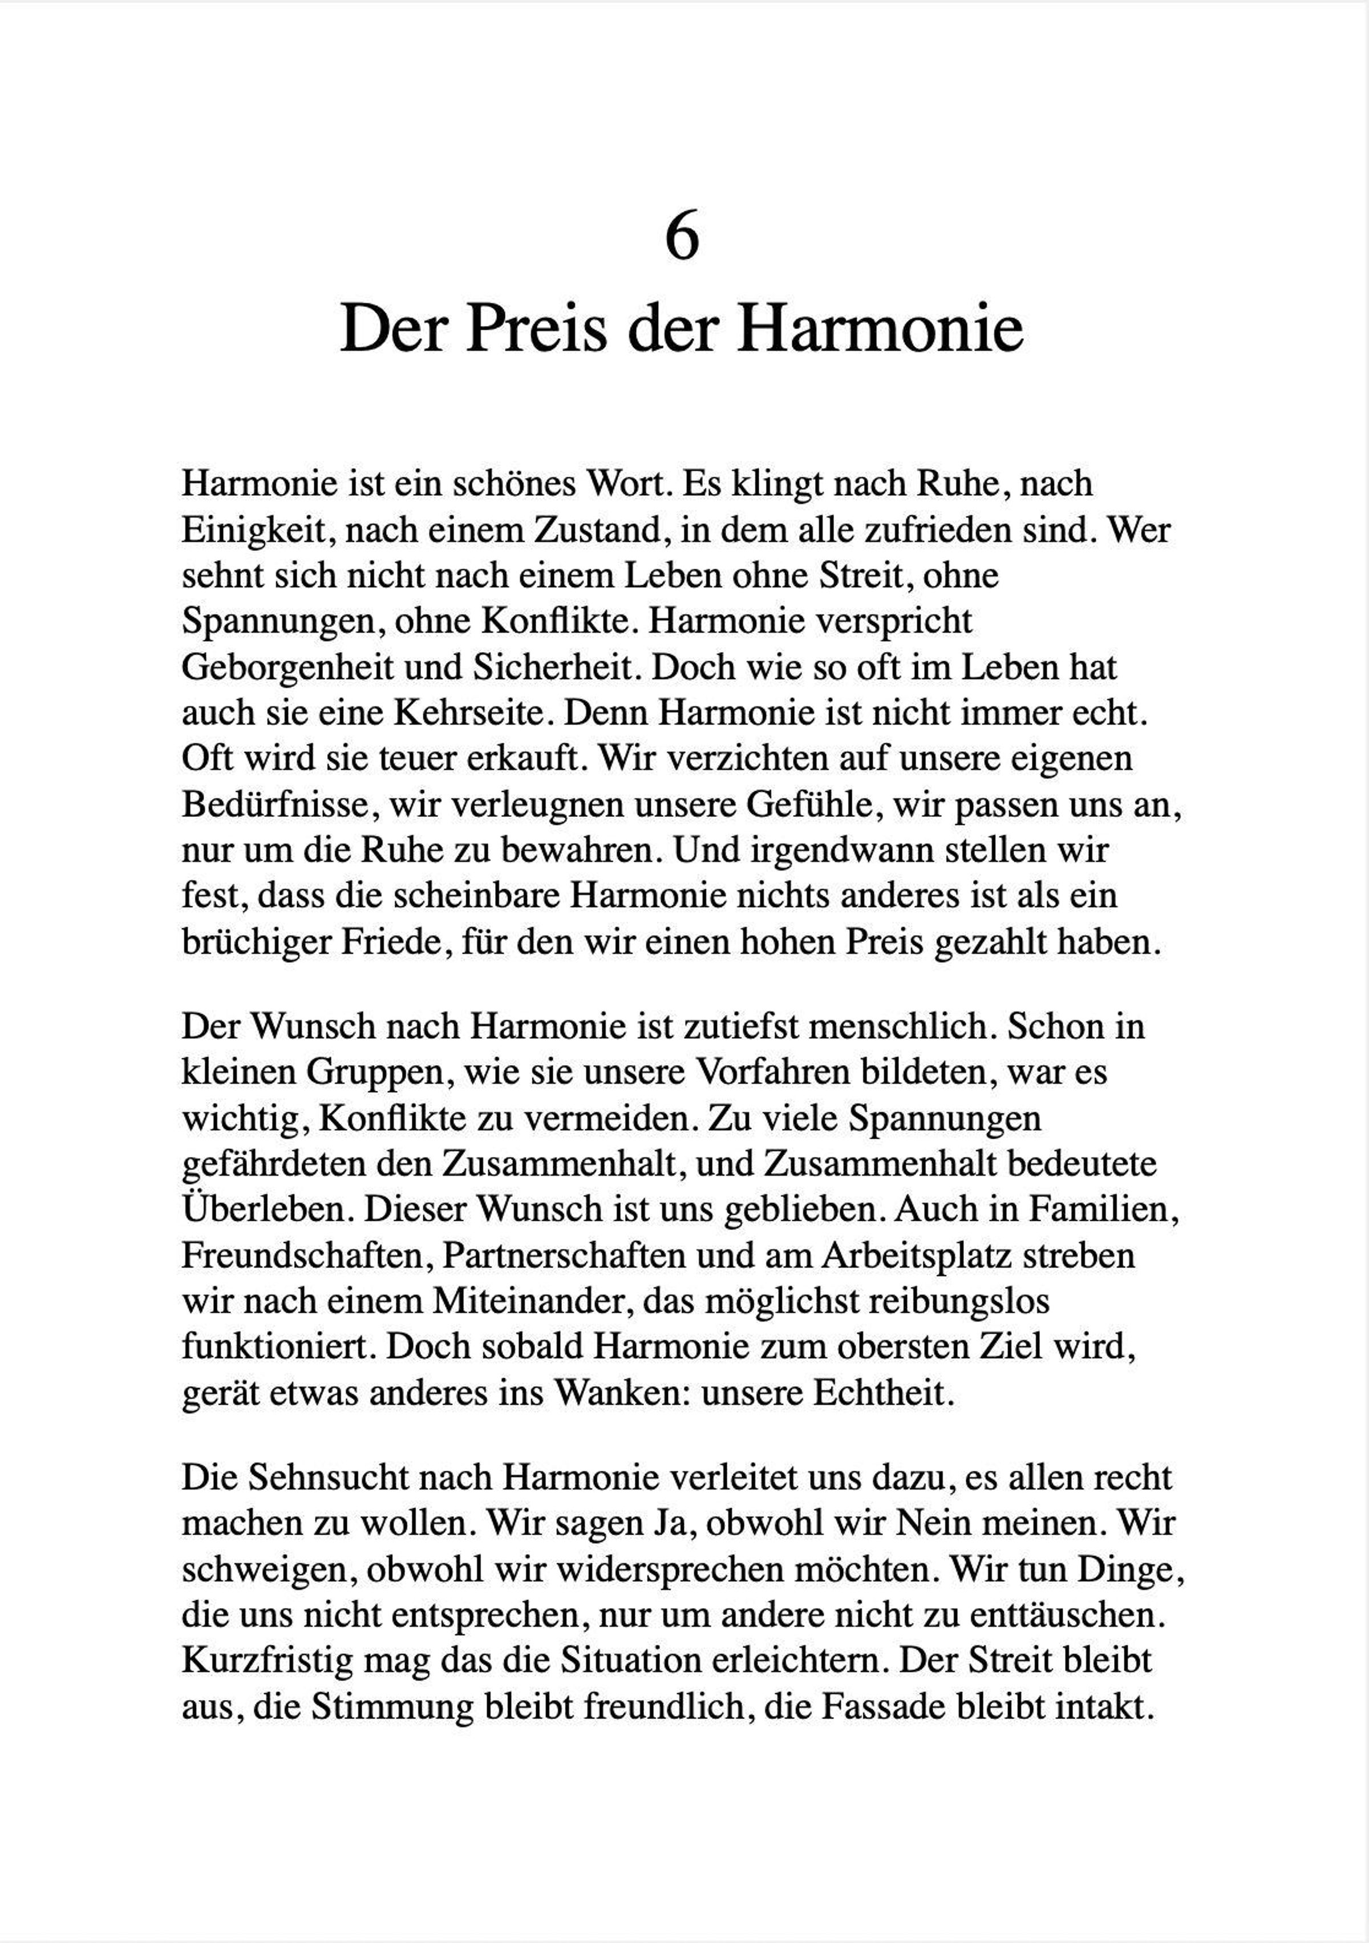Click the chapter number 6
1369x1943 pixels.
tap(682, 237)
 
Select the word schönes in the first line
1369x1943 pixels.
tap(513, 483)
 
